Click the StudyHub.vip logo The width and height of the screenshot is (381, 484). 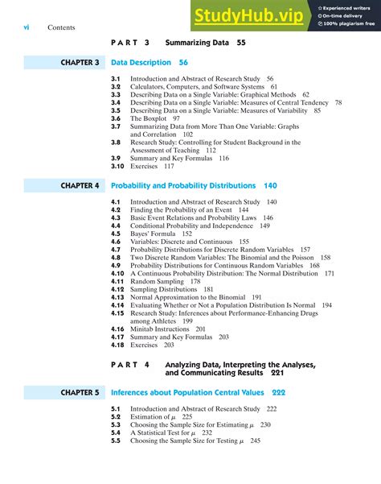click(248, 15)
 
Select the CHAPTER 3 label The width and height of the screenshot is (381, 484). click(80, 62)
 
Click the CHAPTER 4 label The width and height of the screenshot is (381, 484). click(80, 185)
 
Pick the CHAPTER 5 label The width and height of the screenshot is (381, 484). click(80, 393)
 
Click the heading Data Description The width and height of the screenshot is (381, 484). click(141, 62)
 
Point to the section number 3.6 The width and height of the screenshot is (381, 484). click(116, 118)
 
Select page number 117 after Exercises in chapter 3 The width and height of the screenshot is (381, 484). click(169, 166)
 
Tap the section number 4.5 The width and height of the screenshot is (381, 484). click(116, 234)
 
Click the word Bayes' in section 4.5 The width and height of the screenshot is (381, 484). click(141, 234)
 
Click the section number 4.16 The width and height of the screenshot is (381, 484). click(117, 329)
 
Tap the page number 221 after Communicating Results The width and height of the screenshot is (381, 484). click(278, 374)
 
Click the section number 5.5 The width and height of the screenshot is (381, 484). click(116, 441)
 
